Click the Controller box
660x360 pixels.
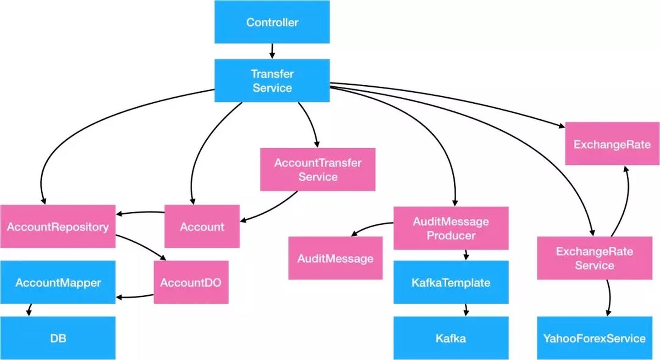point(272,22)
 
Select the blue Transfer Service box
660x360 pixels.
point(272,80)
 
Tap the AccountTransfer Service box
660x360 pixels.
point(318,169)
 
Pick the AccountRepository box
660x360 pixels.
point(58,227)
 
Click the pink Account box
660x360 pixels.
point(202,227)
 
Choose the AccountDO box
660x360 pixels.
point(191,282)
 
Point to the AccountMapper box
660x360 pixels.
point(58,282)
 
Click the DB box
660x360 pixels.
point(58,338)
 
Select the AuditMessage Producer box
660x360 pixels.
point(451,228)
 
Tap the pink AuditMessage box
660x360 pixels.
point(335,258)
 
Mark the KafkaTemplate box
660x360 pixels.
point(451,282)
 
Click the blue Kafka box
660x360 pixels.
point(451,338)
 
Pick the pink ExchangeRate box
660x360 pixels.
point(612,144)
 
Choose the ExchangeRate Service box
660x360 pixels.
point(594,258)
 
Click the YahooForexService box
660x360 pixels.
point(594,338)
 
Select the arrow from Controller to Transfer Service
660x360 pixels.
point(272,51)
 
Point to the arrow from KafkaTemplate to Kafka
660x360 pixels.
point(466,310)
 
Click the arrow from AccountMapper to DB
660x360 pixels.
point(29,310)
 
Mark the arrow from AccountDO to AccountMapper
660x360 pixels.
point(135,297)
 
